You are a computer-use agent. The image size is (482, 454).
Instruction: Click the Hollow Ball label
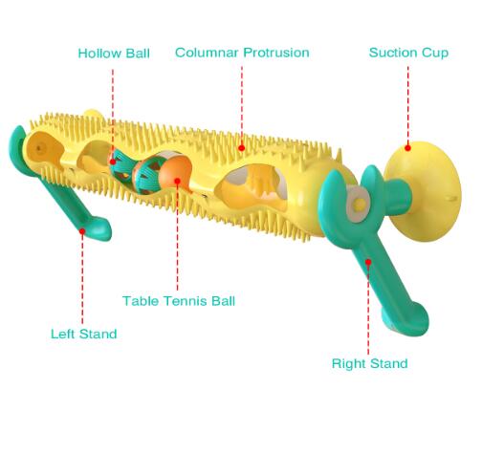[x=114, y=54]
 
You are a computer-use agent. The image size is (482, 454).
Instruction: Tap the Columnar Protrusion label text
[x=242, y=53]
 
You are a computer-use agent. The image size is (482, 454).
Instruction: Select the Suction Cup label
[x=408, y=53]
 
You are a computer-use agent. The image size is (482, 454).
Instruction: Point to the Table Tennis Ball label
[x=179, y=301]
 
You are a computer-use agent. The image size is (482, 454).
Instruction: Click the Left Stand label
[x=84, y=334]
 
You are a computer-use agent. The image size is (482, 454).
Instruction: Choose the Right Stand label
[x=370, y=363]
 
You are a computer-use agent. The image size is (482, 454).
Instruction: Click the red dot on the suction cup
[x=407, y=148]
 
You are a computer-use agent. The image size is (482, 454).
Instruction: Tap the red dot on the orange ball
[x=178, y=182]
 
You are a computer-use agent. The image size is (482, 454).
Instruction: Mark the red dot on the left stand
[x=82, y=231]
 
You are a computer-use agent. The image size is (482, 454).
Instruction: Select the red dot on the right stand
[x=368, y=262]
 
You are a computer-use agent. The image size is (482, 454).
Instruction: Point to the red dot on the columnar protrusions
[x=242, y=148]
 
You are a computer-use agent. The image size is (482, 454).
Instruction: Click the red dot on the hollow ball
[x=113, y=162]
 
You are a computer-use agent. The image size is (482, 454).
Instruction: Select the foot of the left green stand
[x=99, y=227]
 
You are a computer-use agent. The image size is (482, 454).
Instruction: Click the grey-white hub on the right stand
[x=358, y=205]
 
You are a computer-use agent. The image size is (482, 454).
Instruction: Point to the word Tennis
[x=186, y=301]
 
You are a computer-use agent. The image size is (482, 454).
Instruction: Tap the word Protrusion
[x=276, y=53]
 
